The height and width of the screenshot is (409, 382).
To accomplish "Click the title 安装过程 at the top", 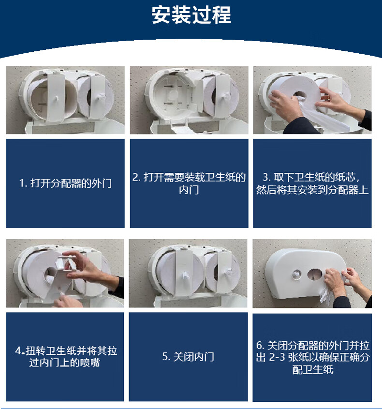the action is click(x=191, y=15).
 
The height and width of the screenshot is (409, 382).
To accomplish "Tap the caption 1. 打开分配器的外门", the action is click(x=65, y=183).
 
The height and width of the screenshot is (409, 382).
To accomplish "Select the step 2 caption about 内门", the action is click(x=189, y=183).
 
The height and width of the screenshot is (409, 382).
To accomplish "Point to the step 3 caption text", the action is click(x=312, y=183).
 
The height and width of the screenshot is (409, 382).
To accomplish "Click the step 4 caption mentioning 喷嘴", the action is click(x=65, y=357).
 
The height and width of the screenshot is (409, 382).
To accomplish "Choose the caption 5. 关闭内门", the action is click(x=188, y=357).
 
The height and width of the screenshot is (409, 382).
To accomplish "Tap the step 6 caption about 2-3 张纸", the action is click(x=312, y=357).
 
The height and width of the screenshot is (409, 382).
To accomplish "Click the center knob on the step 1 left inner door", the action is click(x=56, y=99).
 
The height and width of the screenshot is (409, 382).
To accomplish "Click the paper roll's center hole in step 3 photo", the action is click(x=299, y=95).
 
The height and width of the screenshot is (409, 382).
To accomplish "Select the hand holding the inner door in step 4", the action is click(x=90, y=269).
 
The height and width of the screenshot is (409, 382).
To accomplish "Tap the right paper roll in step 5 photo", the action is click(x=223, y=273).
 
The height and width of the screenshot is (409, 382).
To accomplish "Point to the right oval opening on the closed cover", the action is click(x=314, y=274).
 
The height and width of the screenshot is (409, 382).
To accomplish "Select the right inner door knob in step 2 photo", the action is click(x=225, y=96).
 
